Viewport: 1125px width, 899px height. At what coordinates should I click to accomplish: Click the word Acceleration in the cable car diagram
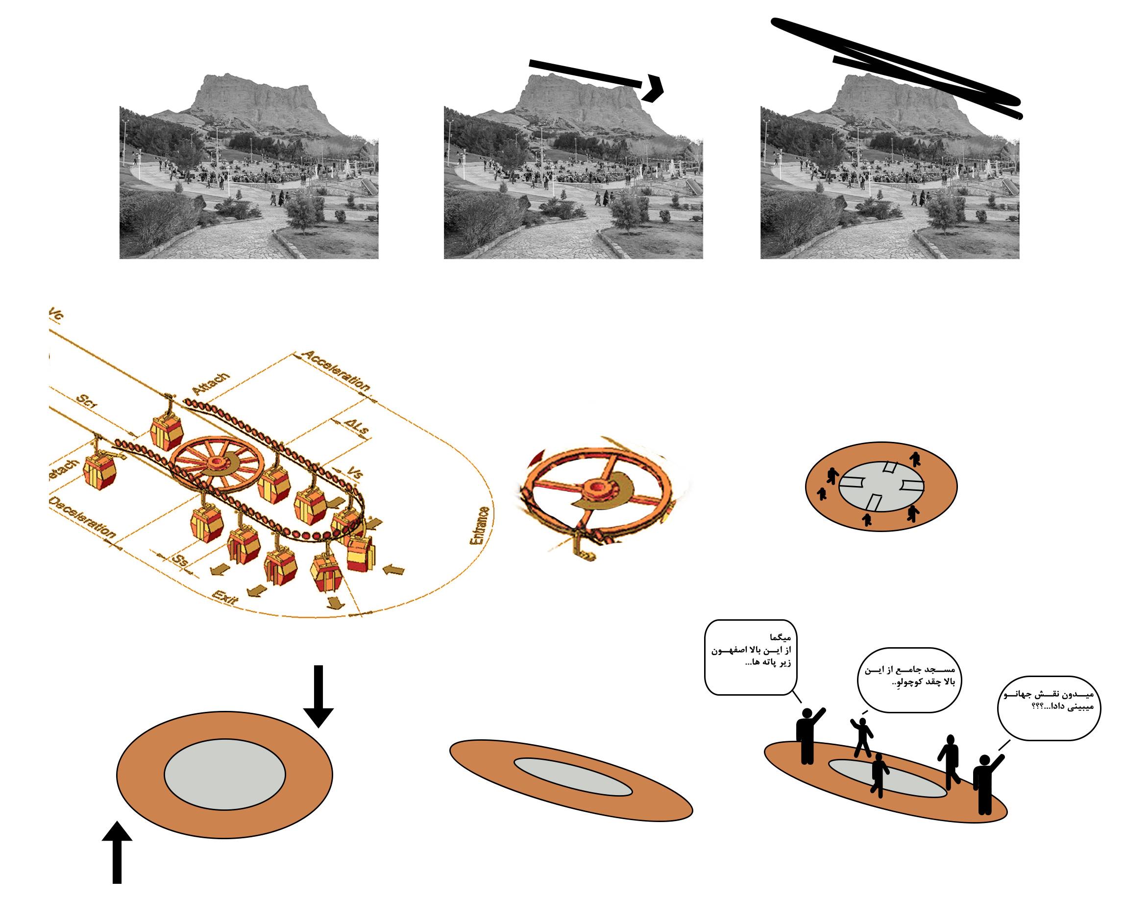337,371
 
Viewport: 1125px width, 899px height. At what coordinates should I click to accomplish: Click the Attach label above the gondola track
210,384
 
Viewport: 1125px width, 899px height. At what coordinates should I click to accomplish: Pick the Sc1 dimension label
87,402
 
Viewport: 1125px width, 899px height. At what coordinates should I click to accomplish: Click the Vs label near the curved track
355,473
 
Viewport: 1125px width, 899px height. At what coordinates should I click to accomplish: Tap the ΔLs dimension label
357,427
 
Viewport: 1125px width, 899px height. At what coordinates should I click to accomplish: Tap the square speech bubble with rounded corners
750,657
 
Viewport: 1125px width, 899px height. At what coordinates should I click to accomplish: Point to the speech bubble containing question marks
1049,708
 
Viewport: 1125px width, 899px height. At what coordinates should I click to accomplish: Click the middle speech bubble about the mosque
909,680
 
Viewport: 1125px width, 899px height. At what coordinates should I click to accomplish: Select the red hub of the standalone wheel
596,488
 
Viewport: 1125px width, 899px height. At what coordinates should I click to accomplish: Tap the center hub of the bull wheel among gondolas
216,462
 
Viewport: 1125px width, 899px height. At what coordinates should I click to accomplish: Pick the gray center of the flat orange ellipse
225,774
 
